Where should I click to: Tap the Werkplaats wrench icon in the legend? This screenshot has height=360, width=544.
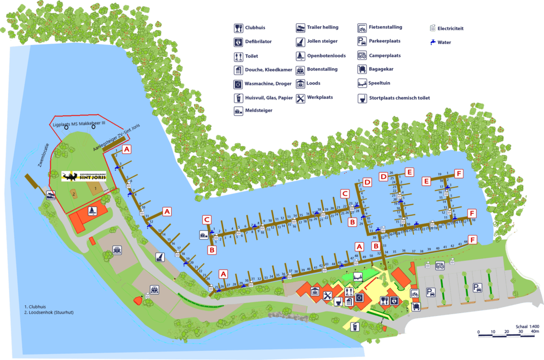pos(300,98)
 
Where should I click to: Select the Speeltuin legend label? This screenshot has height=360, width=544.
pos(379,83)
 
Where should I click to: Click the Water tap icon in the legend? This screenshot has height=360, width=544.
pos(433,42)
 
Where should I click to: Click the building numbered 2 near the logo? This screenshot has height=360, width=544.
pos(73,193)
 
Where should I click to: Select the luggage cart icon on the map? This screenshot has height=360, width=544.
pos(416,306)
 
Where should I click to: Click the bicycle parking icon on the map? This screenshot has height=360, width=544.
pos(415,293)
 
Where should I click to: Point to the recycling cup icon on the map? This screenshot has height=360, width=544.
pos(355,327)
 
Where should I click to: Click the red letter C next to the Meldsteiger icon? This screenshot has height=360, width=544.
pos(207,220)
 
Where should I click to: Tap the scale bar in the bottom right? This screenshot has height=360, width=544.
pos(508,332)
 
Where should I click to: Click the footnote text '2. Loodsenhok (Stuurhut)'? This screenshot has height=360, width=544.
pos(49,313)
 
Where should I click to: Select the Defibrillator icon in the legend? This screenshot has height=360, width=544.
pos(238,42)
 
